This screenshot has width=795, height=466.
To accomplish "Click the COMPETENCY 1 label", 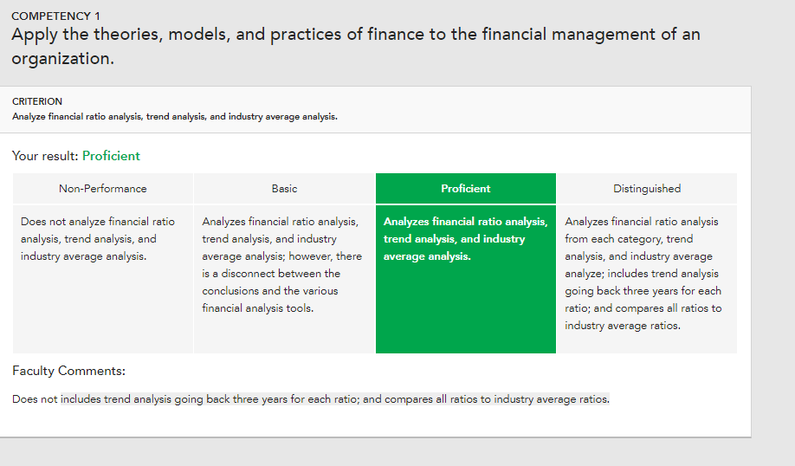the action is tap(55, 16).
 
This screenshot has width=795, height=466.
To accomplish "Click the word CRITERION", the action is tap(37, 101).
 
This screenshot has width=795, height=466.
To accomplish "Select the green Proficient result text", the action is tap(111, 156).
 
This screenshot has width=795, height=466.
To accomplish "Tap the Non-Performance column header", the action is tap(103, 189).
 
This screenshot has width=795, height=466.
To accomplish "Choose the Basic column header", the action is tap(284, 189).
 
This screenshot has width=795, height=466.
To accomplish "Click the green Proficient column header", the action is tap(465, 189).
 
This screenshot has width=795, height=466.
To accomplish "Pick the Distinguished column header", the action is tap(647, 189).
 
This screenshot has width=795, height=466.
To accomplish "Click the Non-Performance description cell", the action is tap(103, 279).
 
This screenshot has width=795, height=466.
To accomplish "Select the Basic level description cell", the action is tap(284, 279).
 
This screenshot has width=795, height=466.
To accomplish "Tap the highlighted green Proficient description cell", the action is tap(465, 279).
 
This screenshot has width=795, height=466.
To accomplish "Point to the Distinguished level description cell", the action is tap(647, 279).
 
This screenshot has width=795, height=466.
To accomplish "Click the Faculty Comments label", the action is tap(68, 372).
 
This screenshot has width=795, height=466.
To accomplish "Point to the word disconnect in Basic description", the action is tap(245, 274).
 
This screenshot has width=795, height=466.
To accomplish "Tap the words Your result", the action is tap(45, 156).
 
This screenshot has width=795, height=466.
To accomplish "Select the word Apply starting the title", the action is tap(35, 35).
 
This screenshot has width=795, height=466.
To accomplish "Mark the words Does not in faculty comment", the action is tap(35, 399).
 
